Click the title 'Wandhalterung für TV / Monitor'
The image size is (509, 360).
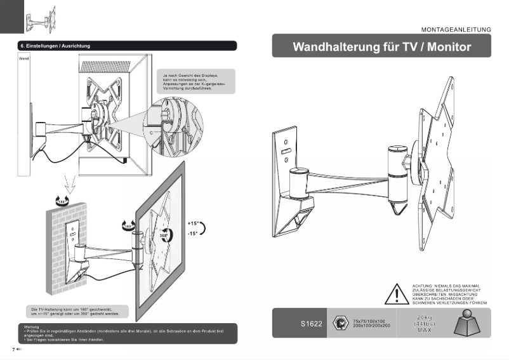[x=382, y=47]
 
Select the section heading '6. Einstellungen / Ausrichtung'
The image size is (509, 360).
[x=56, y=46]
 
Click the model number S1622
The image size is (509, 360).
[x=312, y=324]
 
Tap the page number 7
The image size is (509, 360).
[x=13, y=349]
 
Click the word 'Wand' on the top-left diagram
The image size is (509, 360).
[x=25, y=58]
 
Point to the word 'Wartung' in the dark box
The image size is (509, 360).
[x=30, y=326]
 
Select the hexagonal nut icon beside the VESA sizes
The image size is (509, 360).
[x=341, y=323]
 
